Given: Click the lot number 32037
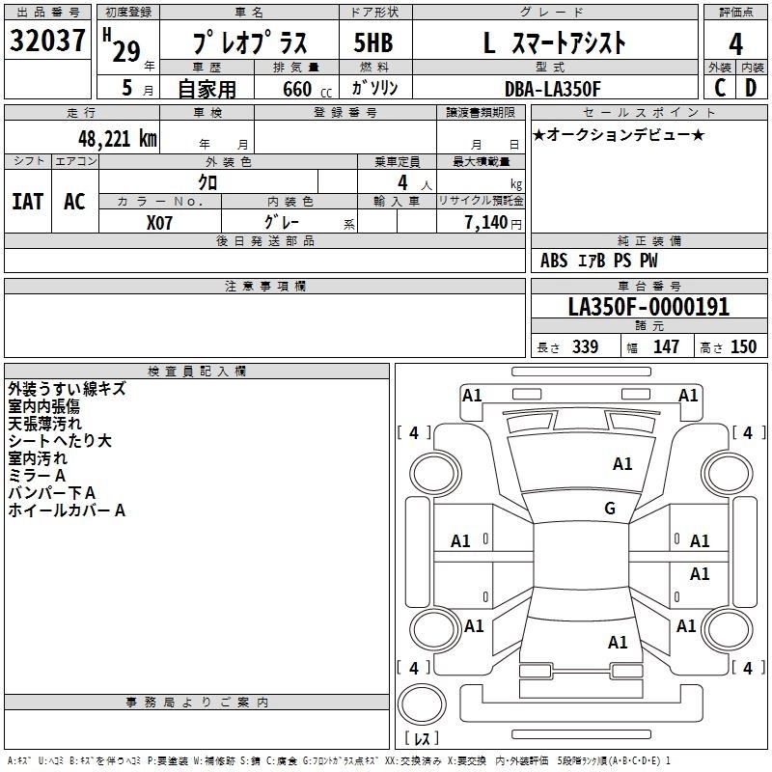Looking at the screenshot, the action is [x=47, y=41].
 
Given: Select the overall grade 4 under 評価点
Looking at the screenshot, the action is [x=735, y=44].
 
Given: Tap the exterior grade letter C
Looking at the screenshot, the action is [x=720, y=88].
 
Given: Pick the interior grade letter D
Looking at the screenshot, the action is [x=751, y=88].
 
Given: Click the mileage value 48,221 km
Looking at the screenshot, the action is [x=118, y=139].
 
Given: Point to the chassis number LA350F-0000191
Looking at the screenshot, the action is [x=648, y=307].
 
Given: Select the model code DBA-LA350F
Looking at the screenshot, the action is [x=553, y=89].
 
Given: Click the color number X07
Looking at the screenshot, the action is [x=159, y=223].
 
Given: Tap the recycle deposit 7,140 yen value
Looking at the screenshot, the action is [x=493, y=223].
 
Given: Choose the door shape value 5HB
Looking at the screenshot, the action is [x=373, y=42].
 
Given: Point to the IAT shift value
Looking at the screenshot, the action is [x=28, y=202].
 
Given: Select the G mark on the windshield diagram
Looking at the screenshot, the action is [x=610, y=508].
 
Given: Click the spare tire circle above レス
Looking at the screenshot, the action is [x=422, y=704].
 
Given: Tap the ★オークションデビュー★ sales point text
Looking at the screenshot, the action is [x=619, y=135].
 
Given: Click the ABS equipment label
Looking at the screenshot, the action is [x=554, y=261].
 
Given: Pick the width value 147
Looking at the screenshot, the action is [x=666, y=346].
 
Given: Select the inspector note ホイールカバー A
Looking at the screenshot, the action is [x=67, y=510].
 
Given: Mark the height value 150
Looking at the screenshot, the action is [x=743, y=346].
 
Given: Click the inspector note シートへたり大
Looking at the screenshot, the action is [x=60, y=441].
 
